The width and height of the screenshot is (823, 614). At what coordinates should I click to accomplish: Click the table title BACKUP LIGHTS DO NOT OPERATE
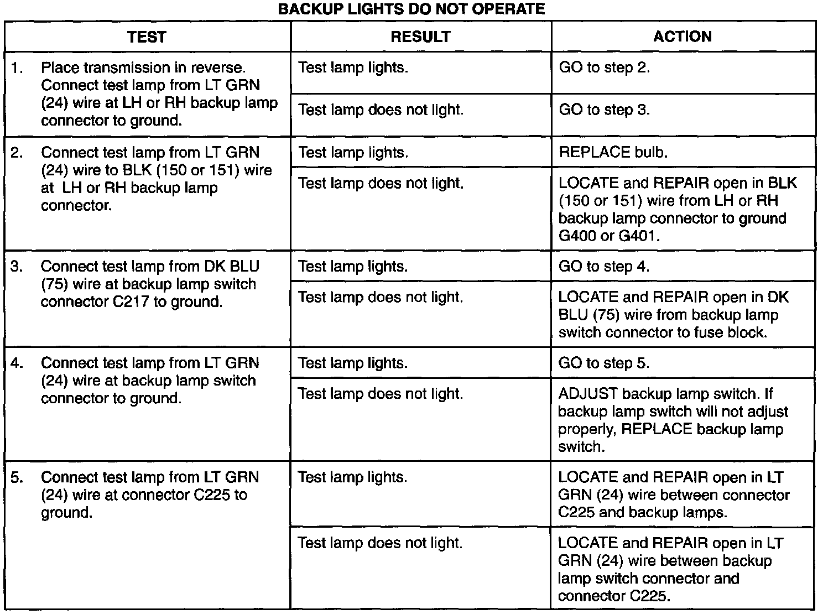411,9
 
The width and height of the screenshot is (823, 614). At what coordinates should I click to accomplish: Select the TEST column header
147,37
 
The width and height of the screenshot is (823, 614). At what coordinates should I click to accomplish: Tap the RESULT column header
420,37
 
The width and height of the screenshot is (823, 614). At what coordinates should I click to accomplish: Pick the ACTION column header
683,37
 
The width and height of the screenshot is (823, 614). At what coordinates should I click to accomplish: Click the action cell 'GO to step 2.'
604,68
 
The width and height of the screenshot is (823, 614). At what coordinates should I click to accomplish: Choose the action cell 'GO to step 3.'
604,110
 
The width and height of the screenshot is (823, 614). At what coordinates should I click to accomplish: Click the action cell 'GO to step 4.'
604,267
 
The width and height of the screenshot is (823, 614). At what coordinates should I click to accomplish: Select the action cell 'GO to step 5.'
604,363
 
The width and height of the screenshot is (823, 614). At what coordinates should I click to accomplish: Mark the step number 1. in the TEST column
17,68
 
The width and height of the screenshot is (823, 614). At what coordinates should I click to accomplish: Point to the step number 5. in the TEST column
17,477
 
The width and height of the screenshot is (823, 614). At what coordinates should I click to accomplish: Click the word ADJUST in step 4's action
587,394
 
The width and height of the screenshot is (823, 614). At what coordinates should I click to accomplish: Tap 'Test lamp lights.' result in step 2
353,153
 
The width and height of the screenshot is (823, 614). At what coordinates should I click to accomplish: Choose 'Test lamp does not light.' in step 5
379,543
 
